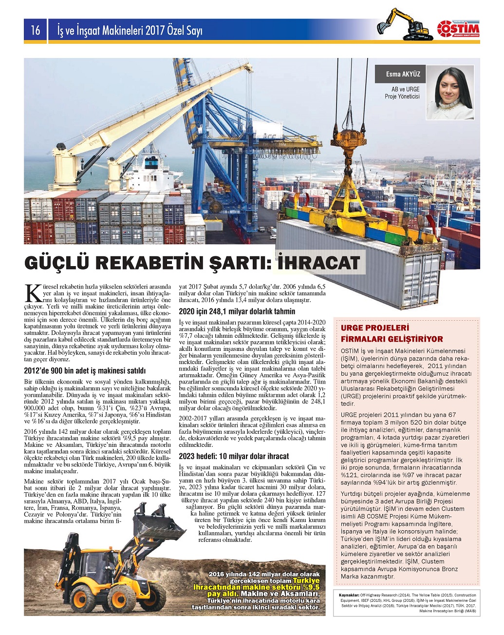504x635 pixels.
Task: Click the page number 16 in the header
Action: pos(36,31)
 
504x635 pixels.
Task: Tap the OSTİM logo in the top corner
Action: pos(458,28)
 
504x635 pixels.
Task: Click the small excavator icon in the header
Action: pos(404,25)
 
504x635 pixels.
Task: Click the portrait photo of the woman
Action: pos(450,92)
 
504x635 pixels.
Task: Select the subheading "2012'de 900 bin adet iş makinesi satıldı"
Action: pos(85,370)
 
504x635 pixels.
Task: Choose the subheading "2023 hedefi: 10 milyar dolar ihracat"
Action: pos(234,456)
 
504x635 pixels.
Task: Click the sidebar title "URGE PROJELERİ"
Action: pos(375,328)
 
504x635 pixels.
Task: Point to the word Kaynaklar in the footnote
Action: pos(349,595)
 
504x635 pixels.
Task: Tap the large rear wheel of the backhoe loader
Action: pos(121,597)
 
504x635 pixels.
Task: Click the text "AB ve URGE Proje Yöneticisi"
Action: pos(402,93)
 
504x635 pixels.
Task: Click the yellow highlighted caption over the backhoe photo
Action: pos(257,587)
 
